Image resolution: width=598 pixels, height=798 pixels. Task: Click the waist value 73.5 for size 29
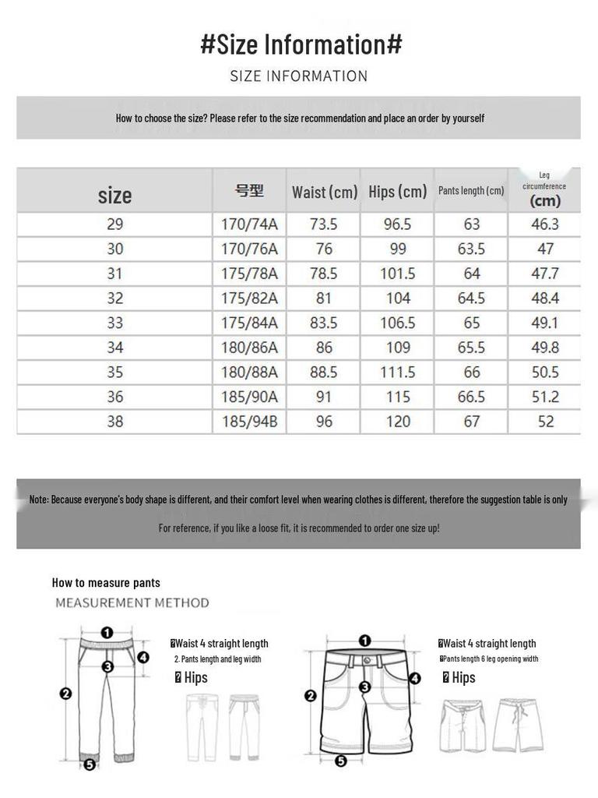point(323,224)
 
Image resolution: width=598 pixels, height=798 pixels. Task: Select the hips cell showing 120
point(398,422)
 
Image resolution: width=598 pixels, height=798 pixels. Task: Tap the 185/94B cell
point(249,422)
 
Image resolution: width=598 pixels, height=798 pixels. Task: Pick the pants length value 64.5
point(471,298)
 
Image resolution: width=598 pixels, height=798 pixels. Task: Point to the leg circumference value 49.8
point(545,348)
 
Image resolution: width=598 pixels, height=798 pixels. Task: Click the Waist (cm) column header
point(324,192)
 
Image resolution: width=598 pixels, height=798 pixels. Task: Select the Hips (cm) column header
point(398,192)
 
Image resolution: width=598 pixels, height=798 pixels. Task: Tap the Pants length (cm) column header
point(471,191)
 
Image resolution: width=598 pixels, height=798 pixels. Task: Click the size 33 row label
point(115,323)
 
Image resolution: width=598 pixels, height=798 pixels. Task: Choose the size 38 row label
point(115,422)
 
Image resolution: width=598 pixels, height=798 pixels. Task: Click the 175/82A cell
point(249,298)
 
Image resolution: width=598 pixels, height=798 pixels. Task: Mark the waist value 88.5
point(323,373)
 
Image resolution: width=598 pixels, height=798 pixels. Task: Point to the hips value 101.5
point(398,274)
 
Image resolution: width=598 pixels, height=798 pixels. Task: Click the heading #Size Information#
point(301,44)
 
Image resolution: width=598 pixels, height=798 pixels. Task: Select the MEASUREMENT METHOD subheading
point(132,602)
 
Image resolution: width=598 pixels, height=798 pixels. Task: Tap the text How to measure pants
point(106,582)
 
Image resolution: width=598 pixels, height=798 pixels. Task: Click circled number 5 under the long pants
point(90,764)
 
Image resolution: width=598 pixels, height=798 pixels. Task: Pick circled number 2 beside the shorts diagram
point(310,696)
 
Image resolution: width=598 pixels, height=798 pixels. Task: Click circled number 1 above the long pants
point(107,633)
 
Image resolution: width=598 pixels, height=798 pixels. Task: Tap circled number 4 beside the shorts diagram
point(415,678)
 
